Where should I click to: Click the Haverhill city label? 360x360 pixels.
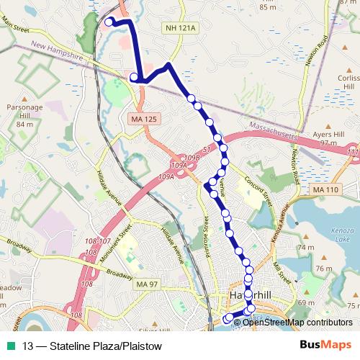click(x=248, y=297)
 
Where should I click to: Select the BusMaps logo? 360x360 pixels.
click(x=325, y=343)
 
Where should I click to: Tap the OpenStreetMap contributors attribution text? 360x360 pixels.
click(x=297, y=322)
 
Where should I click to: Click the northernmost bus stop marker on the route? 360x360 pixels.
click(x=109, y=22)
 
